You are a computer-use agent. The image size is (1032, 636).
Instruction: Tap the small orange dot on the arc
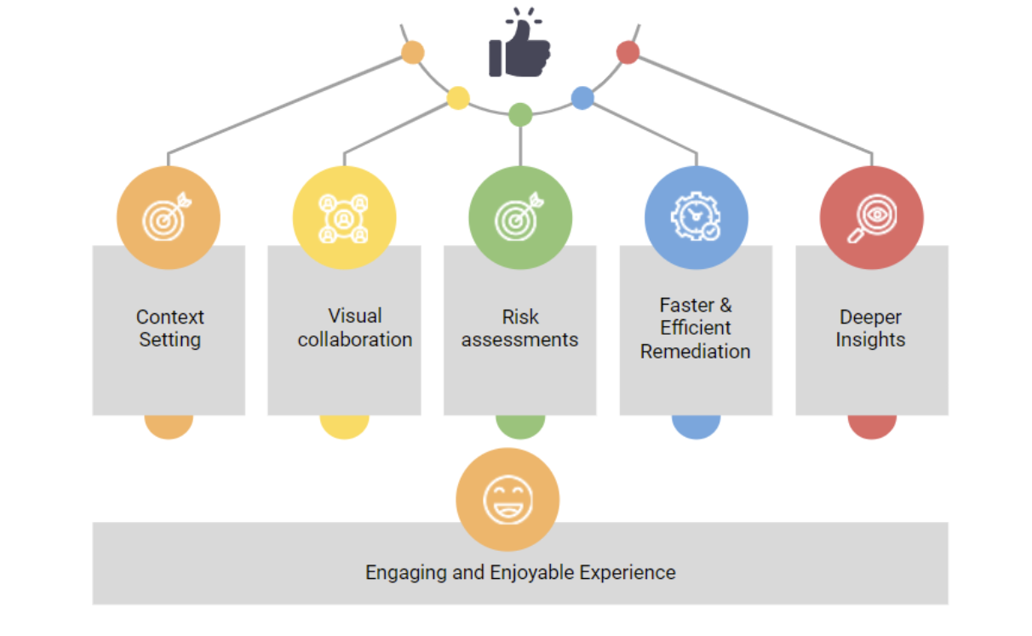(413, 53)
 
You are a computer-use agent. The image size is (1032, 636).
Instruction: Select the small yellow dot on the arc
(458, 98)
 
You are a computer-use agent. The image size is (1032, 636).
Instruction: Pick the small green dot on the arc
(520, 114)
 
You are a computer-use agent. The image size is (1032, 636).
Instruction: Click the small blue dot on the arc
(582, 98)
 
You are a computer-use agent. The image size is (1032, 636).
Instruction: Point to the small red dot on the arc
(628, 53)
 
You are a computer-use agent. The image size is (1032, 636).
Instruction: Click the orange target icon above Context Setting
(169, 218)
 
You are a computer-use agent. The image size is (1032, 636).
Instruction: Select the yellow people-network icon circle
(344, 218)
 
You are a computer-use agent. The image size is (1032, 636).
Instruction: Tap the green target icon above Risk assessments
(520, 218)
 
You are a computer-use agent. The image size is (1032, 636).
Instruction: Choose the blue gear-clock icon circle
(696, 218)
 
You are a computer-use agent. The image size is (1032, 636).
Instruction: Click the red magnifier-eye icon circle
(871, 218)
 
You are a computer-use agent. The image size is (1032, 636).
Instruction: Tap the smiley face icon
(507, 499)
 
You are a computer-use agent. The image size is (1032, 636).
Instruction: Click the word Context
(170, 318)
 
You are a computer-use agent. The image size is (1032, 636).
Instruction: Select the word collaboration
(355, 340)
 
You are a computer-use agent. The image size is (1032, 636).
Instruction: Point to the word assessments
(519, 340)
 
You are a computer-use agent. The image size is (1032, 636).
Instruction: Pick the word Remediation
(696, 351)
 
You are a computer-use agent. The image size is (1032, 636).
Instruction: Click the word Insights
(870, 340)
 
